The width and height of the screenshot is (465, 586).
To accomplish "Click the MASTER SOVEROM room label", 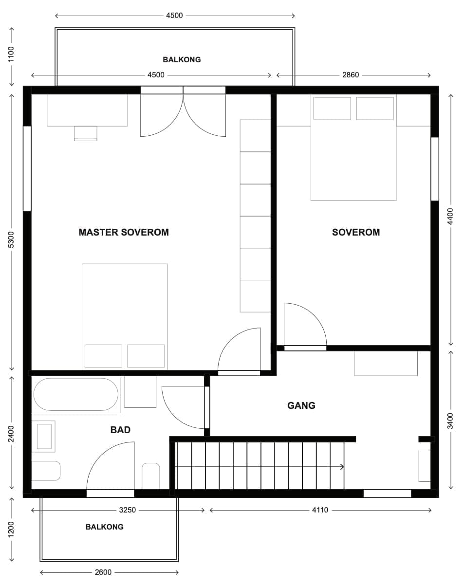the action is pyautogui.click(x=124, y=232).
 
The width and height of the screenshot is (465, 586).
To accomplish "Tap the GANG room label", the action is pyautogui.click(x=301, y=405).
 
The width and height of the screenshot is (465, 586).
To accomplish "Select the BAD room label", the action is pyautogui.click(x=120, y=430).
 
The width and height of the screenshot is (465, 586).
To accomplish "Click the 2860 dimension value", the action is pyautogui.click(x=351, y=75).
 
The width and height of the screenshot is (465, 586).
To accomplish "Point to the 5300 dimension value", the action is pyautogui.click(x=11, y=239).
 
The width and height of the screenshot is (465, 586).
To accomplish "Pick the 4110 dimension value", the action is pyautogui.click(x=320, y=510).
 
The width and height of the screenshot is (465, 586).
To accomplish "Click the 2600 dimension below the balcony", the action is pyautogui.click(x=103, y=572).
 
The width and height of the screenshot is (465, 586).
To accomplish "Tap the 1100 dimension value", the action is pyautogui.click(x=11, y=54).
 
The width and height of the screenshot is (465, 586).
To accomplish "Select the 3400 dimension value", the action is pyautogui.click(x=450, y=421).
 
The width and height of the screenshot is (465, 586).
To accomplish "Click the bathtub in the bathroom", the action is pyautogui.click(x=76, y=394).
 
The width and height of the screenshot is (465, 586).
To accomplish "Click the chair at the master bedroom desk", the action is pyautogui.click(x=86, y=133).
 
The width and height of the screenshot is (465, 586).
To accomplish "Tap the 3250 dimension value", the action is pyautogui.click(x=128, y=510).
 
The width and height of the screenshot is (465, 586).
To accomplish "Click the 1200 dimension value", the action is pyautogui.click(x=11, y=530).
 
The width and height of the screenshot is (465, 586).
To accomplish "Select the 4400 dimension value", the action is pyautogui.click(x=450, y=217).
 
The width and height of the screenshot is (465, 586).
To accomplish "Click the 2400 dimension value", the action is pyautogui.click(x=11, y=434).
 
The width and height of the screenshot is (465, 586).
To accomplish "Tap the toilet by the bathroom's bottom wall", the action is pyautogui.click(x=151, y=476).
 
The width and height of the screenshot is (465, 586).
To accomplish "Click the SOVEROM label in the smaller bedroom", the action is pyautogui.click(x=356, y=232).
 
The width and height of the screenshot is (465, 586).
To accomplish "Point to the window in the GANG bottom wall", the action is pyautogui.click(x=388, y=494).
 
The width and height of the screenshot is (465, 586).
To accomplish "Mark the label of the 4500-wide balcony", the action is pyautogui.click(x=182, y=60).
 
